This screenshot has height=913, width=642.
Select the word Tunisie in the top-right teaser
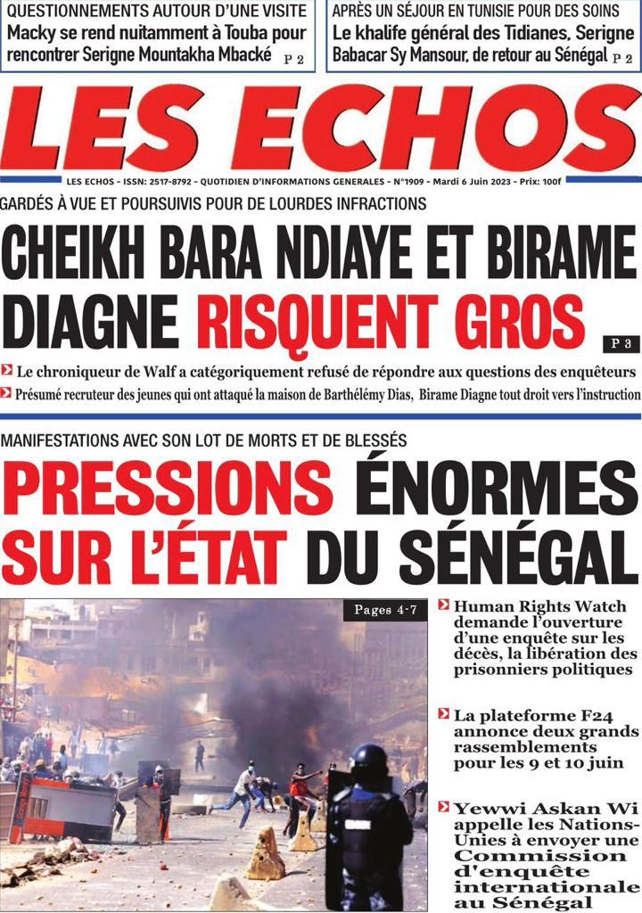click(462, 12)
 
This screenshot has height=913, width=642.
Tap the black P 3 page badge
click(621, 342)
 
